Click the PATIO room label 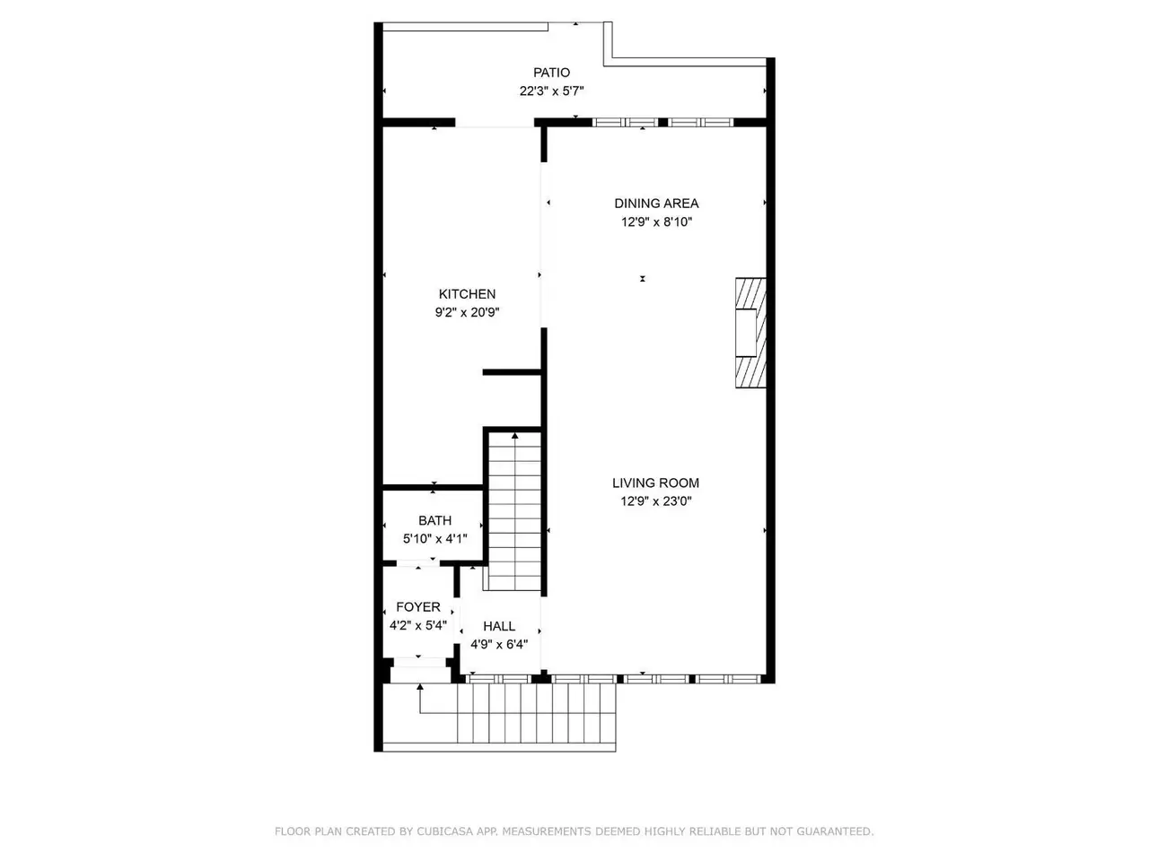click(x=551, y=73)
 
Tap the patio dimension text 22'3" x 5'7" click(x=551, y=91)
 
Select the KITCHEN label click(x=467, y=294)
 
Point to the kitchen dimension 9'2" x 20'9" click(x=467, y=312)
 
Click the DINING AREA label click(x=656, y=204)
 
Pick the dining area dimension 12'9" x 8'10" click(x=656, y=222)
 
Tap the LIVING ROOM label click(x=655, y=483)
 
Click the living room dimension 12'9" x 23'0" click(x=655, y=501)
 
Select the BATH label click(x=434, y=521)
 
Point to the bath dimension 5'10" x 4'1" click(x=434, y=538)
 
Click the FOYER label click(x=417, y=607)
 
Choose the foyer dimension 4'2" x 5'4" click(x=417, y=625)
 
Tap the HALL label click(x=499, y=626)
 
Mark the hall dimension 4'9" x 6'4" click(x=499, y=645)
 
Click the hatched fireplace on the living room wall click(x=750, y=333)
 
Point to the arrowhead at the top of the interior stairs click(x=514, y=436)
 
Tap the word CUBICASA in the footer click(x=444, y=831)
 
